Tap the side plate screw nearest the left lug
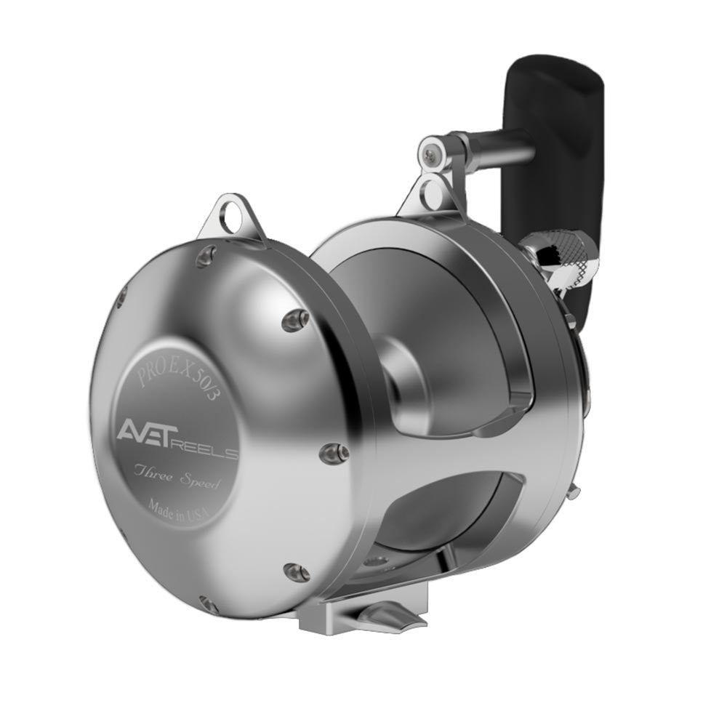tap(209, 253)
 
